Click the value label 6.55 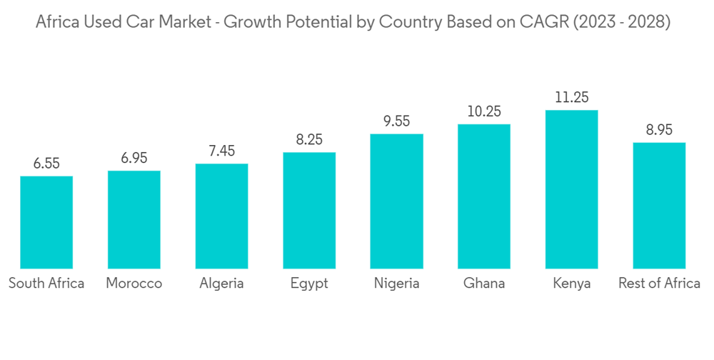[x=46, y=164]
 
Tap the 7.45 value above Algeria [x=221, y=151]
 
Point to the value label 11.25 [x=571, y=98]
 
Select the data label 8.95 [x=659, y=130]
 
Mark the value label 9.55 [x=396, y=121]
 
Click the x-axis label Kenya [x=571, y=284]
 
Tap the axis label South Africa [x=46, y=284]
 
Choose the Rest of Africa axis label [x=659, y=284]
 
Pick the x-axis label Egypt [x=309, y=284]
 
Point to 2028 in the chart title [x=648, y=22]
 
